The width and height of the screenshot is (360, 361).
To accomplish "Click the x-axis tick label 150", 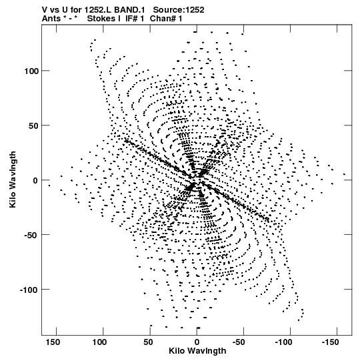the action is (x=53, y=342).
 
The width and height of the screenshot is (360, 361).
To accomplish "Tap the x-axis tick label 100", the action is (x=99, y=342).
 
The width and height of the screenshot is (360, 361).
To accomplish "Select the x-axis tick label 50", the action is (x=148, y=342).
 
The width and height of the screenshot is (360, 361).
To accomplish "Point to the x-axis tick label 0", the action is (x=197, y=342).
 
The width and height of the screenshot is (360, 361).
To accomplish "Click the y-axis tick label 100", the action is (x=31, y=71).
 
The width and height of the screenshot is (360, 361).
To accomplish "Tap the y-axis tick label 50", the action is (x=33, y=125).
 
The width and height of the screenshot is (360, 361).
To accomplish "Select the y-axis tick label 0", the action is (x=35, y=180).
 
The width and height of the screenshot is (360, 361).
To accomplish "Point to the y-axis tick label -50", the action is (x=31, y=236).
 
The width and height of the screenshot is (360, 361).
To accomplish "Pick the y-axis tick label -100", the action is (x=29, y=290).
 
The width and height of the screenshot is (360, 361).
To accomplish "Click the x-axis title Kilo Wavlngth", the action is (x=197, y=352).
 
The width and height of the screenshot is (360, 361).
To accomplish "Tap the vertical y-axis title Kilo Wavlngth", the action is (x=13, y=179).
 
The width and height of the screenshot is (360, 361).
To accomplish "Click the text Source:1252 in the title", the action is (x=179, y=10).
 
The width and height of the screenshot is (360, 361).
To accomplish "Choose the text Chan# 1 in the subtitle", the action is (x=166, y=19).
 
